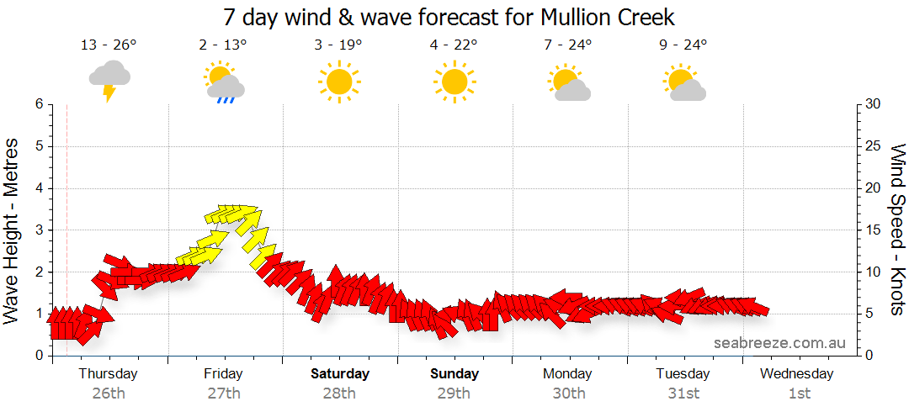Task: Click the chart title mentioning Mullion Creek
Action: [x=449, y=17]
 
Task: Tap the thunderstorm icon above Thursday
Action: [x=109, y=79]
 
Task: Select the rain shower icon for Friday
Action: [x=224, y=82]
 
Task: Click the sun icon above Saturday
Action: [x=339, y=82]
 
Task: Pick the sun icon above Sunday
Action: [x=454, y=82]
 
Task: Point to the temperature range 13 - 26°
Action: [x=109, y=45]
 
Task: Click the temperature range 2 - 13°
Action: [x=223, y=45]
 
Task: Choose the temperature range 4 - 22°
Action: [x=454, y=45]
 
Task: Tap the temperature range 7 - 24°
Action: [x=568, y=45]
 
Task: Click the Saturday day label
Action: [x=339, y=373]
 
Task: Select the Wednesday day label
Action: [x=799, y=373]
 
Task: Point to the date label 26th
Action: [x=109, y=393]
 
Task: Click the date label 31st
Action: [x=683, y=393]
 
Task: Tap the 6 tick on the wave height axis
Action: [x=39, y=104]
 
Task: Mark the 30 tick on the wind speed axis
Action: [x=874, y=104]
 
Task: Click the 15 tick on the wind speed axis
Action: [x=874, y=230]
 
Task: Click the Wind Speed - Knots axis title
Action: [x=897, y=230]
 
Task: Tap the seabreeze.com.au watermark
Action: [x=779, y=342]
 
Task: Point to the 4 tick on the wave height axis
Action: [x=39, y=188]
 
